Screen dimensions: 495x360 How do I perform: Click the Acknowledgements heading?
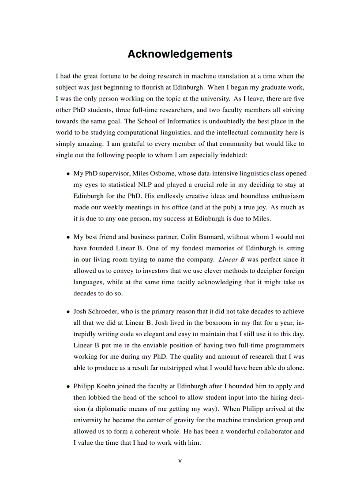[180, 54]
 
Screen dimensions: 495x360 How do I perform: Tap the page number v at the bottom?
[180, 461]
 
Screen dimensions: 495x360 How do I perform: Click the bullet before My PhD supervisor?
[68, 174]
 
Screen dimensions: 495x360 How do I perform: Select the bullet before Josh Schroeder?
[68, 311]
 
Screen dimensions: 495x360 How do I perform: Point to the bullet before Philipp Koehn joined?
[68, 386]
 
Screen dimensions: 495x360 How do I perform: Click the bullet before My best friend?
[68, 237]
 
